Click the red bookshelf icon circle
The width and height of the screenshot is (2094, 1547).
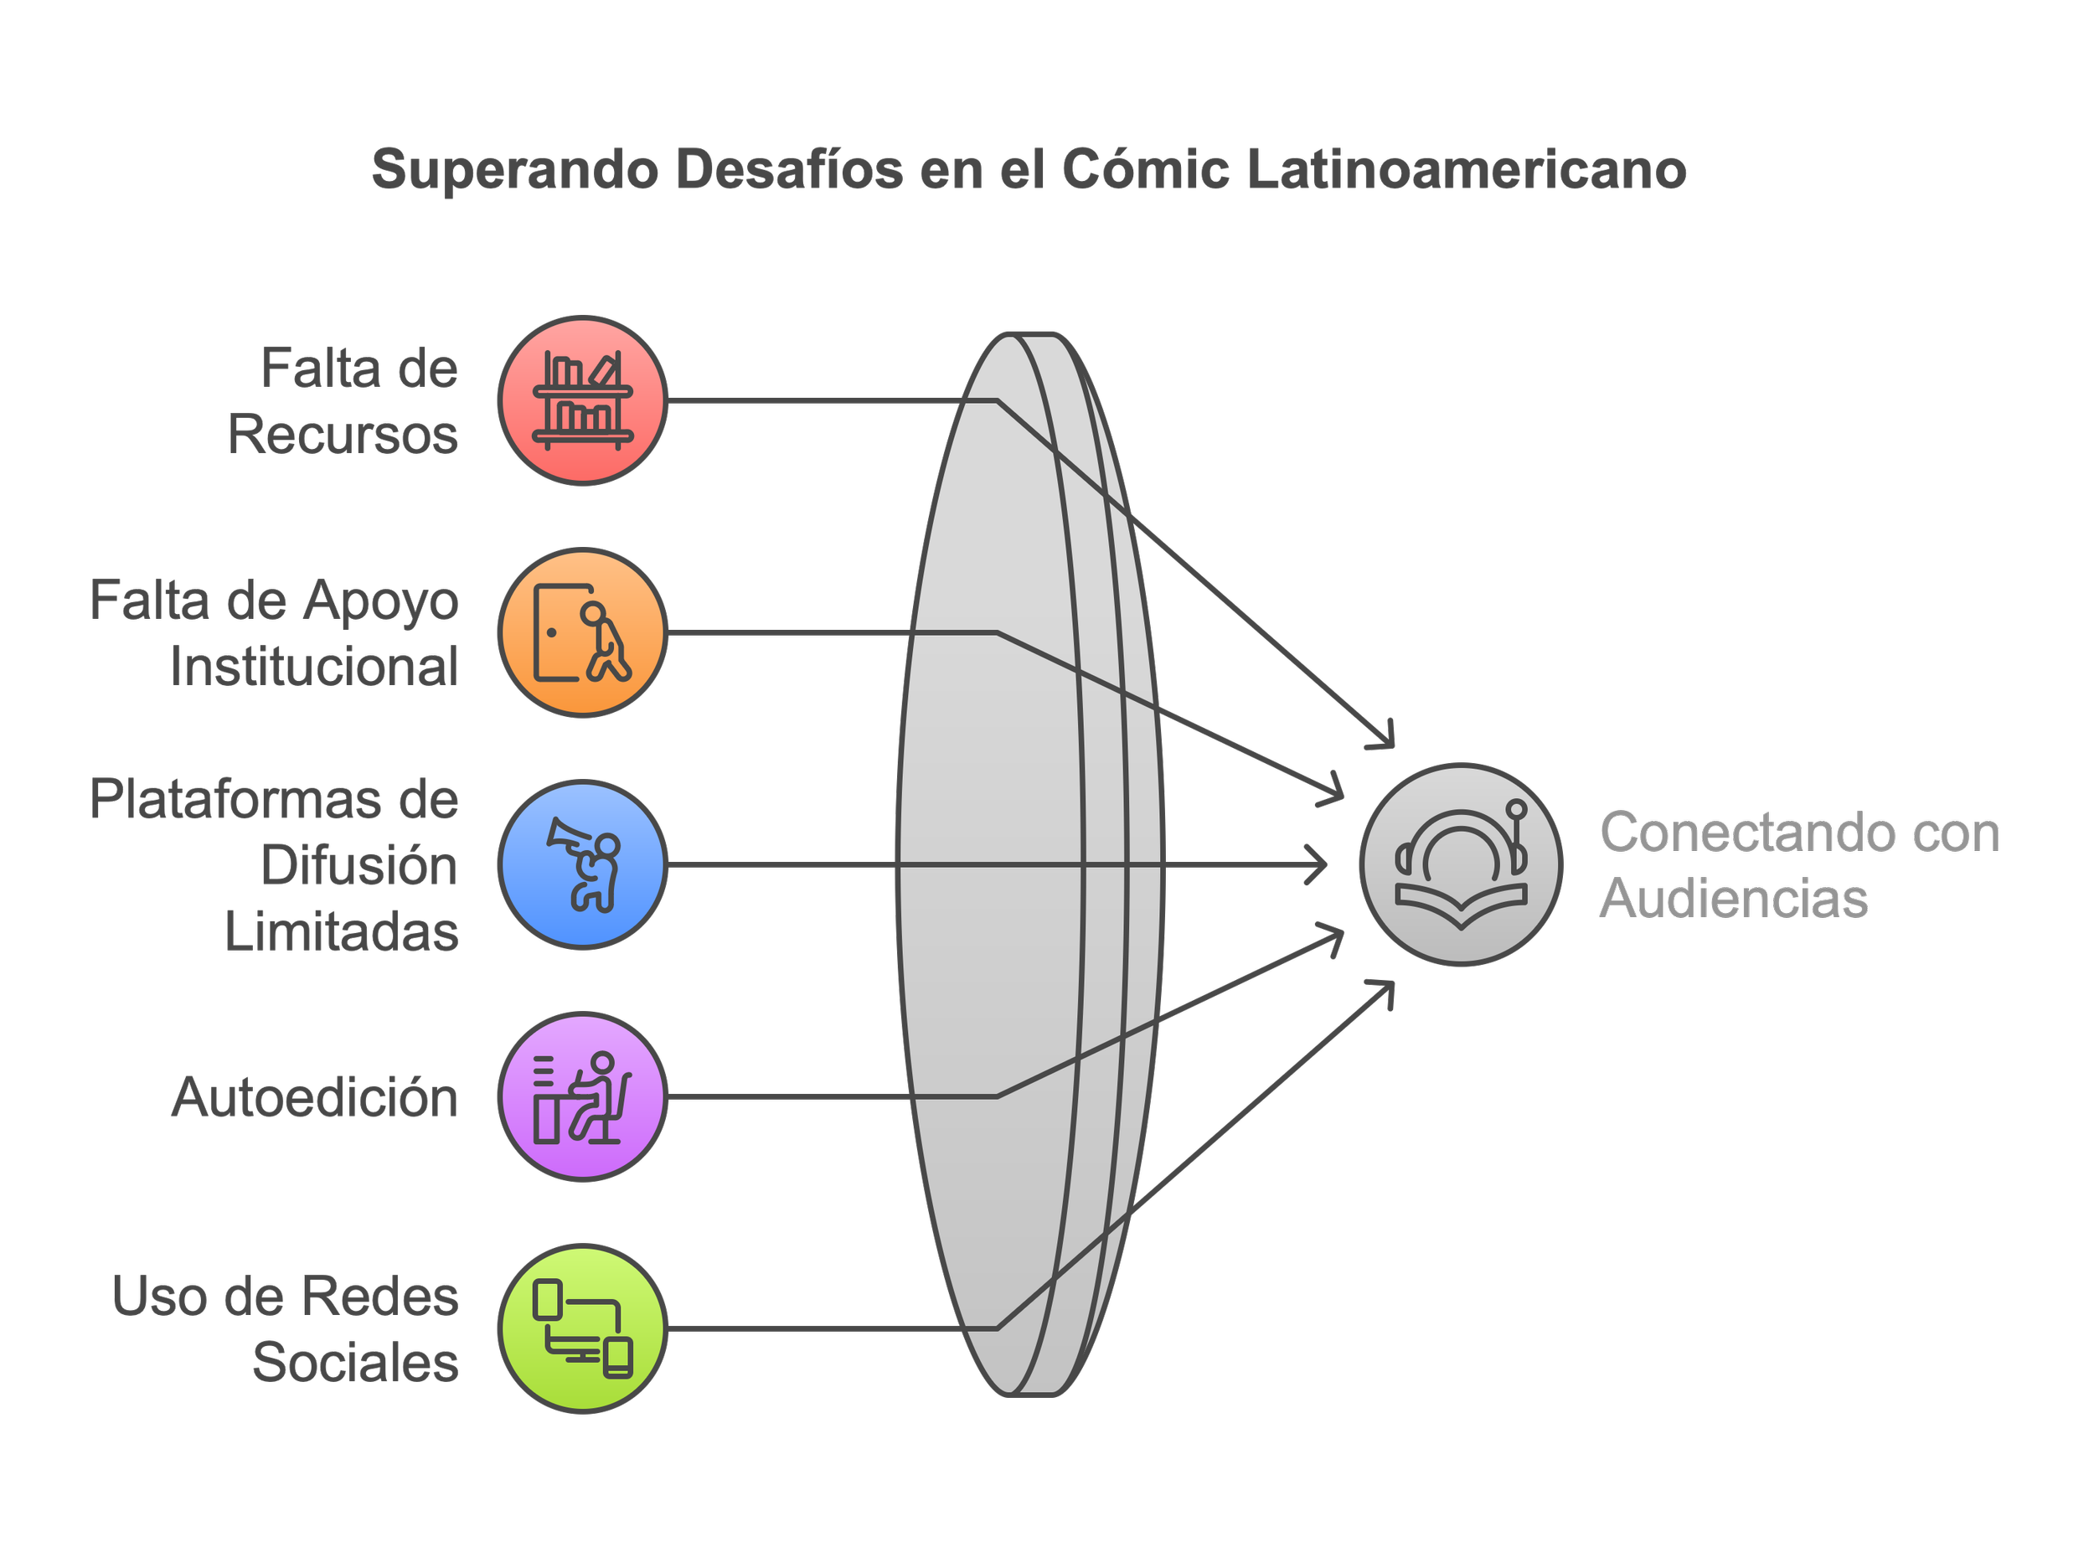tap(582, 401)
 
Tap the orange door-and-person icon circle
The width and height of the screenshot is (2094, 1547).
tap(582, 633)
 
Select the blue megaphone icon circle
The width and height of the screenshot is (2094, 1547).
tap(582, 864)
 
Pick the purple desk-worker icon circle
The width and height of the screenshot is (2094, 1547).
tap(582, 1096)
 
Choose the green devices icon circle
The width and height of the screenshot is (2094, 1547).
tap(582, 1328)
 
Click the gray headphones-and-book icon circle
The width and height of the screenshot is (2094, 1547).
tap(1461, 864)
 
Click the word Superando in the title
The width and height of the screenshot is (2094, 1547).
tap(515, 170)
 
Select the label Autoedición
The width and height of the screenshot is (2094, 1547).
tap(315, 1097)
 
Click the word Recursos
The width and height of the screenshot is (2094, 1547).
tap(343, 436)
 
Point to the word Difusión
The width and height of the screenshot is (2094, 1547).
tap(359, 865)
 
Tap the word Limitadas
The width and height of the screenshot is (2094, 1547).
tap(342, 931)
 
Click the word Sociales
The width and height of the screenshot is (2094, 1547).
tap(356, 1363)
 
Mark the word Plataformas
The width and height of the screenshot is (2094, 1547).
tap(236, 800)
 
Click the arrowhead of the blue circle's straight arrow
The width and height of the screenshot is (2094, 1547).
tap(1320, 864)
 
